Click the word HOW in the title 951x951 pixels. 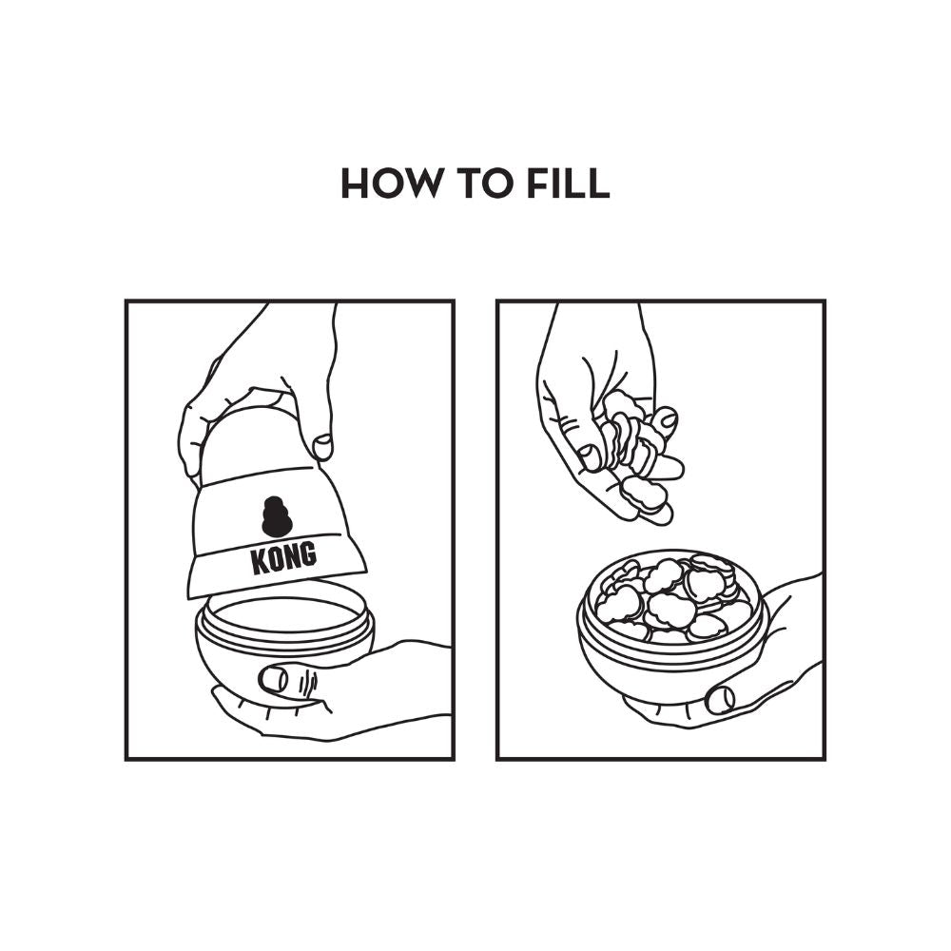click(391, 184)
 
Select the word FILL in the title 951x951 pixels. click(568, 184)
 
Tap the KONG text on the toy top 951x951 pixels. click(283, 558)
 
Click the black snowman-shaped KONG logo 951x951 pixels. click(277, 516)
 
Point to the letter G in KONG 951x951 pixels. click(308, 554)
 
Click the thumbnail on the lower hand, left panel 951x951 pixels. click(274, 679)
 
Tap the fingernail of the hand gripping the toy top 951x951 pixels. click(322, 447)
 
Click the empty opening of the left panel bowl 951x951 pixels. click(284, 614)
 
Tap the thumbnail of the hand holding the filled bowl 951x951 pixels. click(721, 699)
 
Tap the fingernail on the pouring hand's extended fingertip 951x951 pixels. click(667, 417)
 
